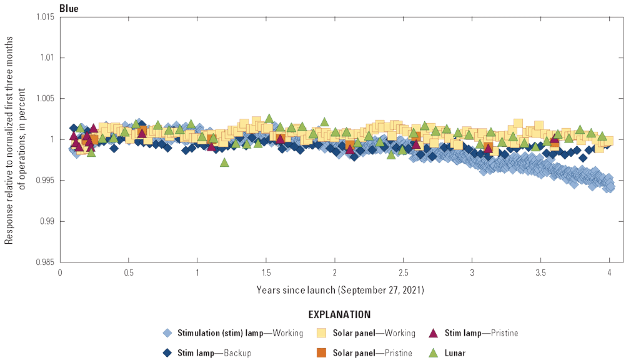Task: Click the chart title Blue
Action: pos(69,8)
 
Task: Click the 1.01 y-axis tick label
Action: pos(45,57)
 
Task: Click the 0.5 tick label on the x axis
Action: pos(129,273)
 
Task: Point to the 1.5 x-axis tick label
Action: pos(266,273)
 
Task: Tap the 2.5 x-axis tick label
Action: pos(404,273)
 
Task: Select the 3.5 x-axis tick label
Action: pos(541,273)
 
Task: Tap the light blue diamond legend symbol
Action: pos(166,333)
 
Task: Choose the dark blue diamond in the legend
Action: pos(166,352)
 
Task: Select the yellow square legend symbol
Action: pos(322,333)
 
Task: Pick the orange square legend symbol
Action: pos(322,352)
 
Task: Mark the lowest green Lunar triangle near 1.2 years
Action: pos(224,162)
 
